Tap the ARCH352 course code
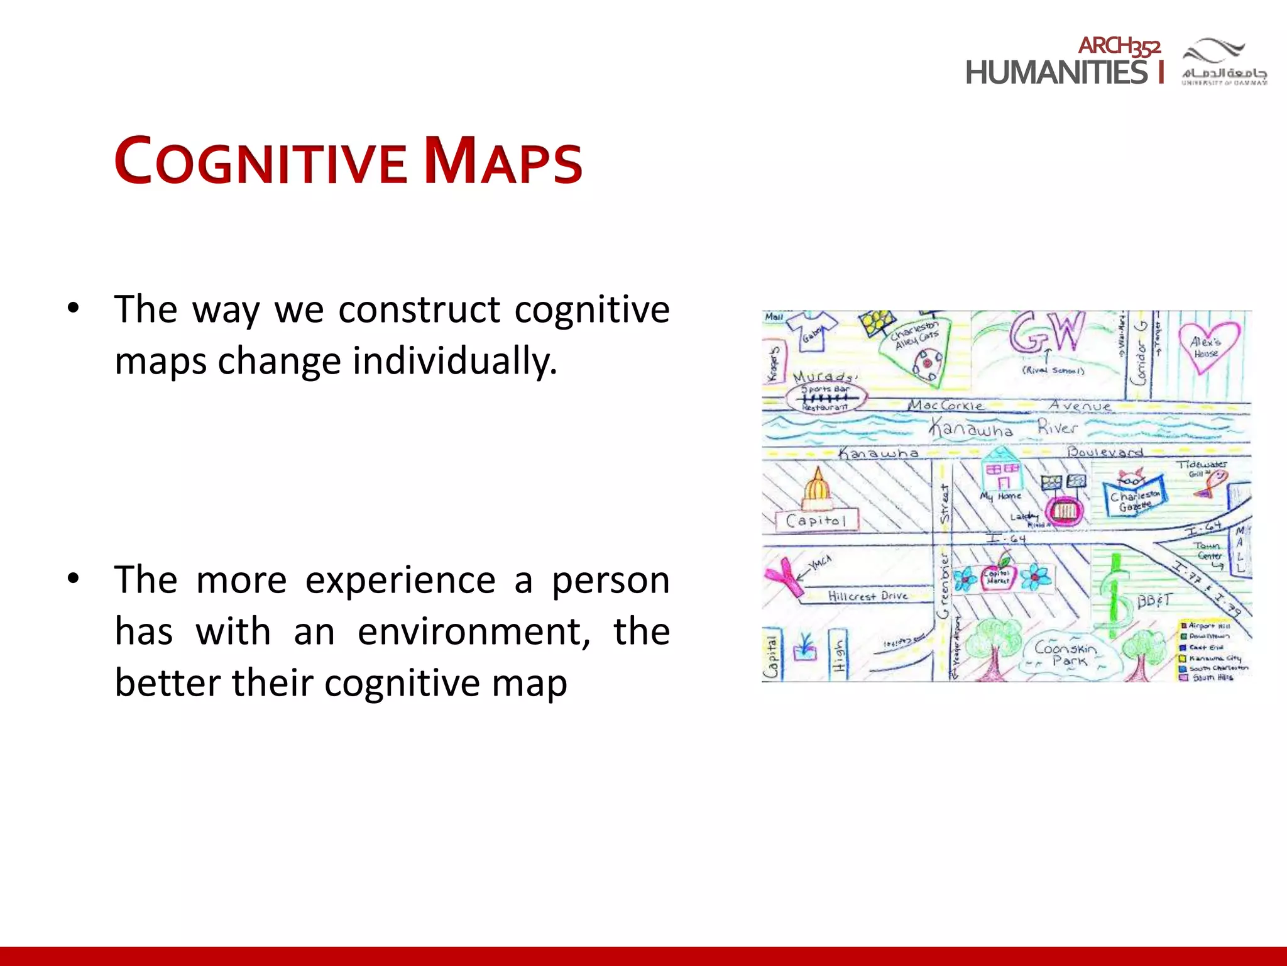pos(1119,46)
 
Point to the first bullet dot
pos(74,308)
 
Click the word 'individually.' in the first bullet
pos(454,361)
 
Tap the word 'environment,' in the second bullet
pos(474,631)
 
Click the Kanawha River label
pos(1003,428)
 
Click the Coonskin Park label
pos(1066,653)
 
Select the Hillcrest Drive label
pos(867,596)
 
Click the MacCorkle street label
pos(946,406)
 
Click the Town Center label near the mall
pos(1208,551)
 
